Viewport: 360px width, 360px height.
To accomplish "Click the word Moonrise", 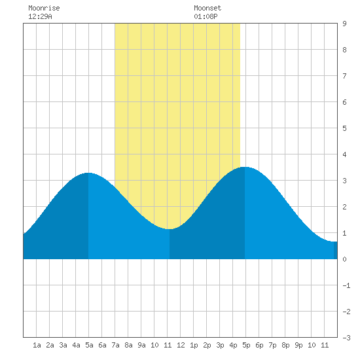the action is click(44, 8).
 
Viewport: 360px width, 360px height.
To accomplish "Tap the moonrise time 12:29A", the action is click(40, 16).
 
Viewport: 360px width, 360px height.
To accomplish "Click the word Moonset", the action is click(207, 8).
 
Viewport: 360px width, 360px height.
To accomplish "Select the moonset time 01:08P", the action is click(206, 16).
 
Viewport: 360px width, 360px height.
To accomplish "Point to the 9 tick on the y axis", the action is click(344, 24).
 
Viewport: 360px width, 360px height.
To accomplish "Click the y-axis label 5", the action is click(344, 128).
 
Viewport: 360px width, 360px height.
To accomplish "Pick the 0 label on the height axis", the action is click(344, 259).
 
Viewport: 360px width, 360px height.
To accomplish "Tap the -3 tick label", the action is click(346, 338).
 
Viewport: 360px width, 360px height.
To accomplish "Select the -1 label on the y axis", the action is click(346, 285).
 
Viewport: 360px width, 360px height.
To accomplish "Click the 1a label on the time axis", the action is click(37, 345).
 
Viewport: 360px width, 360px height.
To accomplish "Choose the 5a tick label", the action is click(89, 345).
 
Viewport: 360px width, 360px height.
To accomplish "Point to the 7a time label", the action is click(115, 345).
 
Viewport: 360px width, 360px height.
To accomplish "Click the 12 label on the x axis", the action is click(181, 345).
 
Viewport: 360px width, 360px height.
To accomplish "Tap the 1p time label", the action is click(194, 345).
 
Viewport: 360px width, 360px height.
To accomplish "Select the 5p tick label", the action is click(246, 345).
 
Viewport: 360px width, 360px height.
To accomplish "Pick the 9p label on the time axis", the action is click(298, 345).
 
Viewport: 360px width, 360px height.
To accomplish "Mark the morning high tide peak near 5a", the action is click(88, 173).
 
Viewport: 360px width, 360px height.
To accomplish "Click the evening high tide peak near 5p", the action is click(245, 167).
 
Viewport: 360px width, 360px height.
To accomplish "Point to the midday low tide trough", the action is click(170, 229).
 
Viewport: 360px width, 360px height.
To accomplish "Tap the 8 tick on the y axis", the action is click(344, 50).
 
